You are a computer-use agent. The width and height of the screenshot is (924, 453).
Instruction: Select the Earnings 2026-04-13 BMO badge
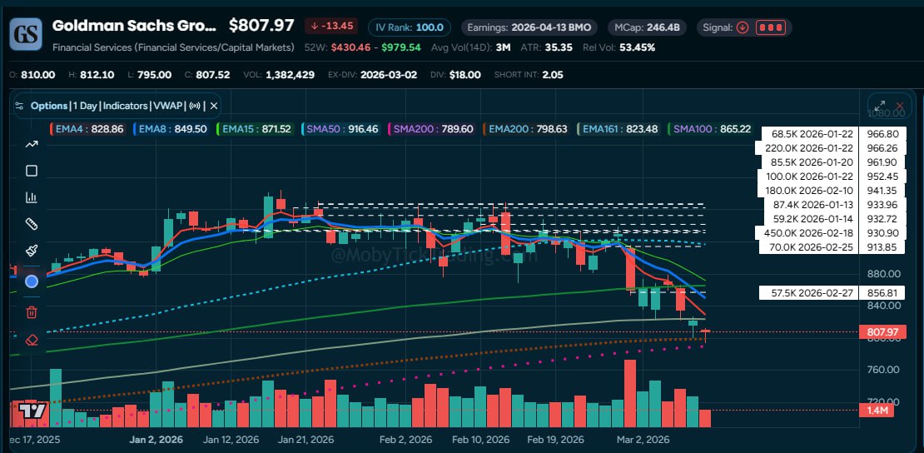coord(528,27)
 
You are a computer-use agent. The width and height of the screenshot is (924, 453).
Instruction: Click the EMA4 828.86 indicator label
coord(91,129)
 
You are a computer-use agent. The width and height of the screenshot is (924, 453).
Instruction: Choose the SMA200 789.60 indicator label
coord(434,129)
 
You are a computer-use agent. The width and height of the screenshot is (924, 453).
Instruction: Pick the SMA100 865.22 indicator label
coord(711,129)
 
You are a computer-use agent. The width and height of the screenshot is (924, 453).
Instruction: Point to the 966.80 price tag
coord(882,133)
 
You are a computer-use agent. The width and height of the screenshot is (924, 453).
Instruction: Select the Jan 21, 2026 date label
coord(306,440)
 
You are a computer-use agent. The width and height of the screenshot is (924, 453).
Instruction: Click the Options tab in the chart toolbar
coord(48,106)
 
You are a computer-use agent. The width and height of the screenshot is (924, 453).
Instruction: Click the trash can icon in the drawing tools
coord(32,312)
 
